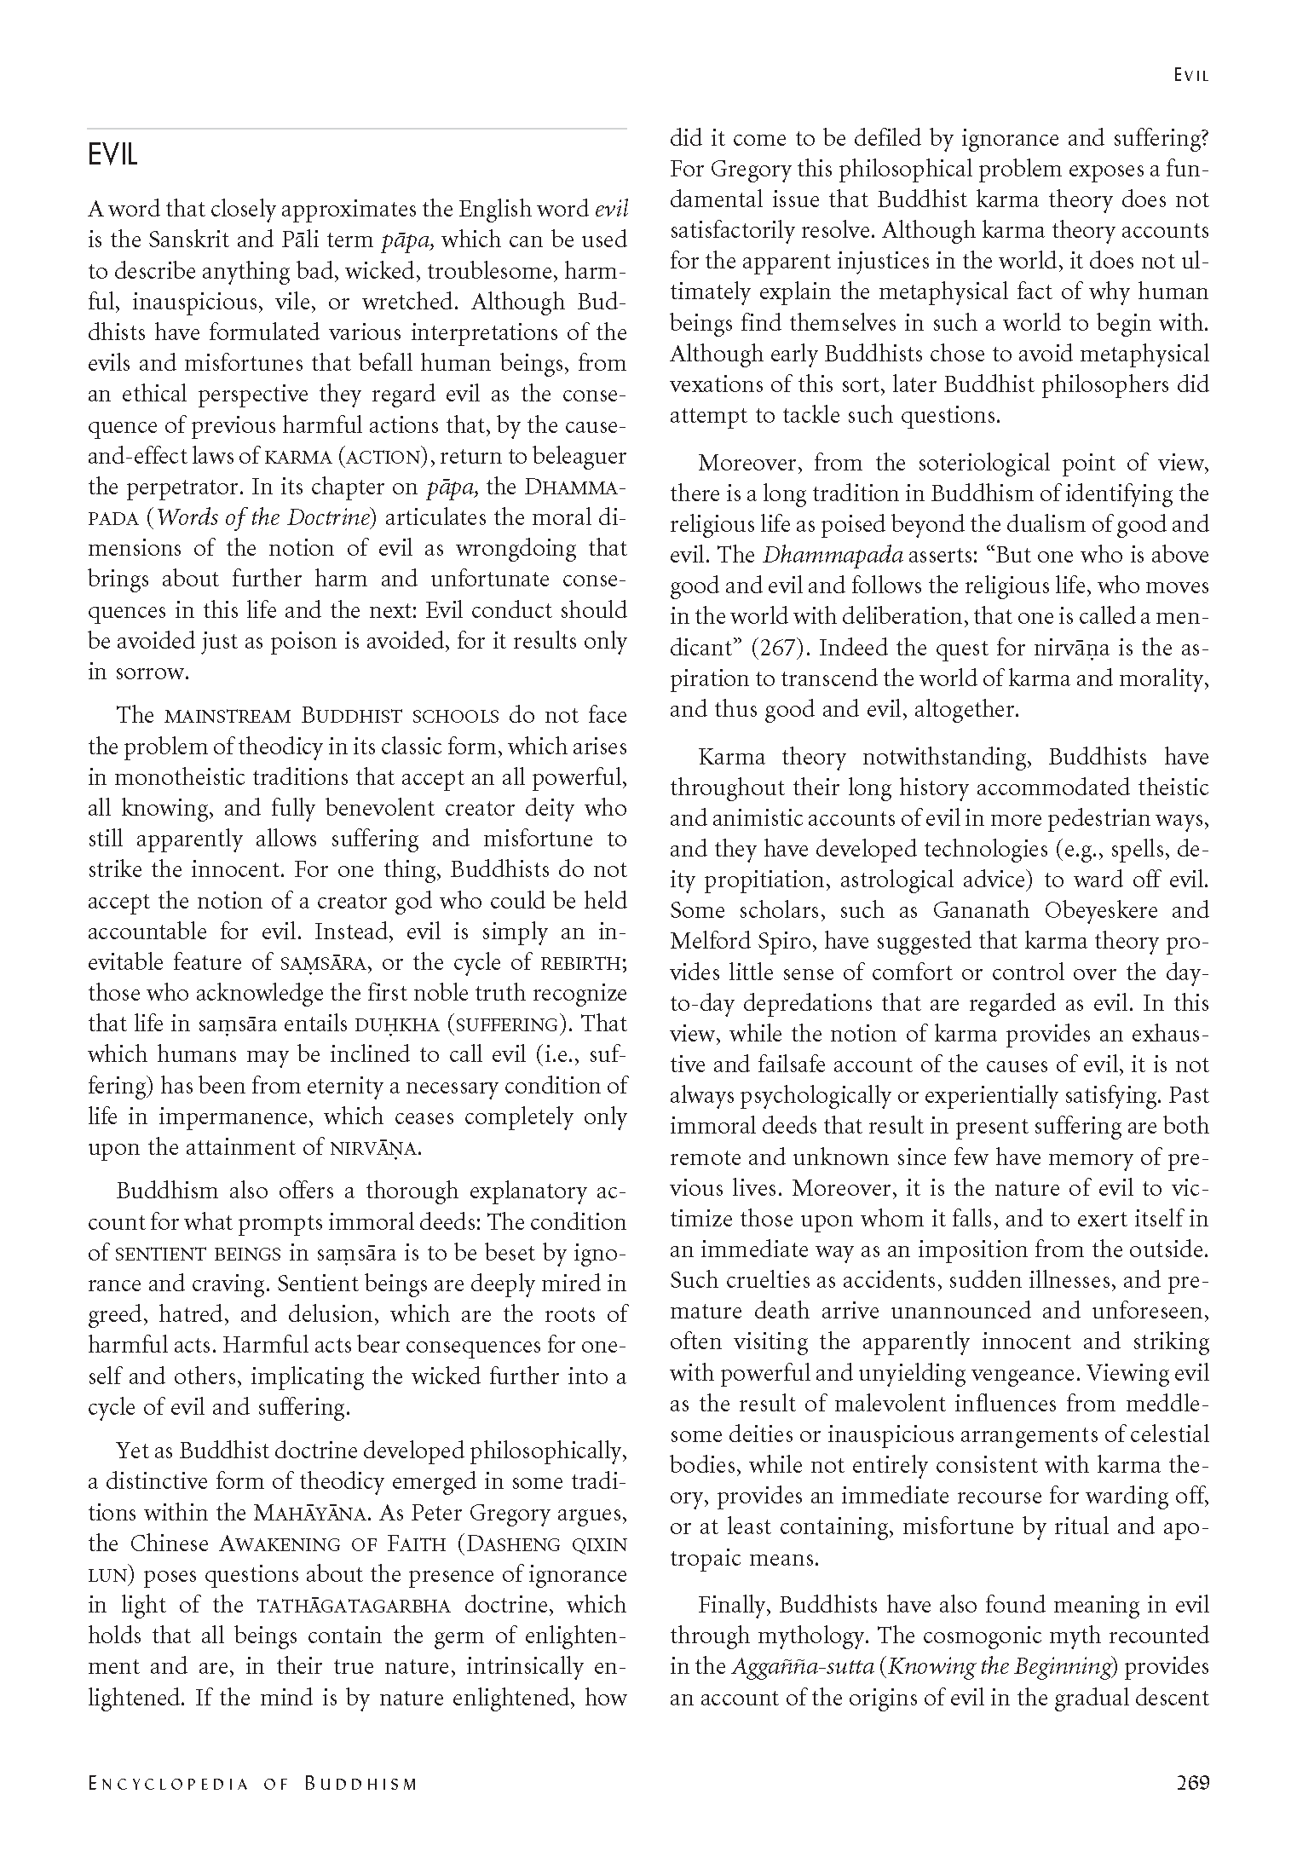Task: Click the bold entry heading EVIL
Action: pos(112,155)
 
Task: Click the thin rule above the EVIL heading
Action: pos(357,129)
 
